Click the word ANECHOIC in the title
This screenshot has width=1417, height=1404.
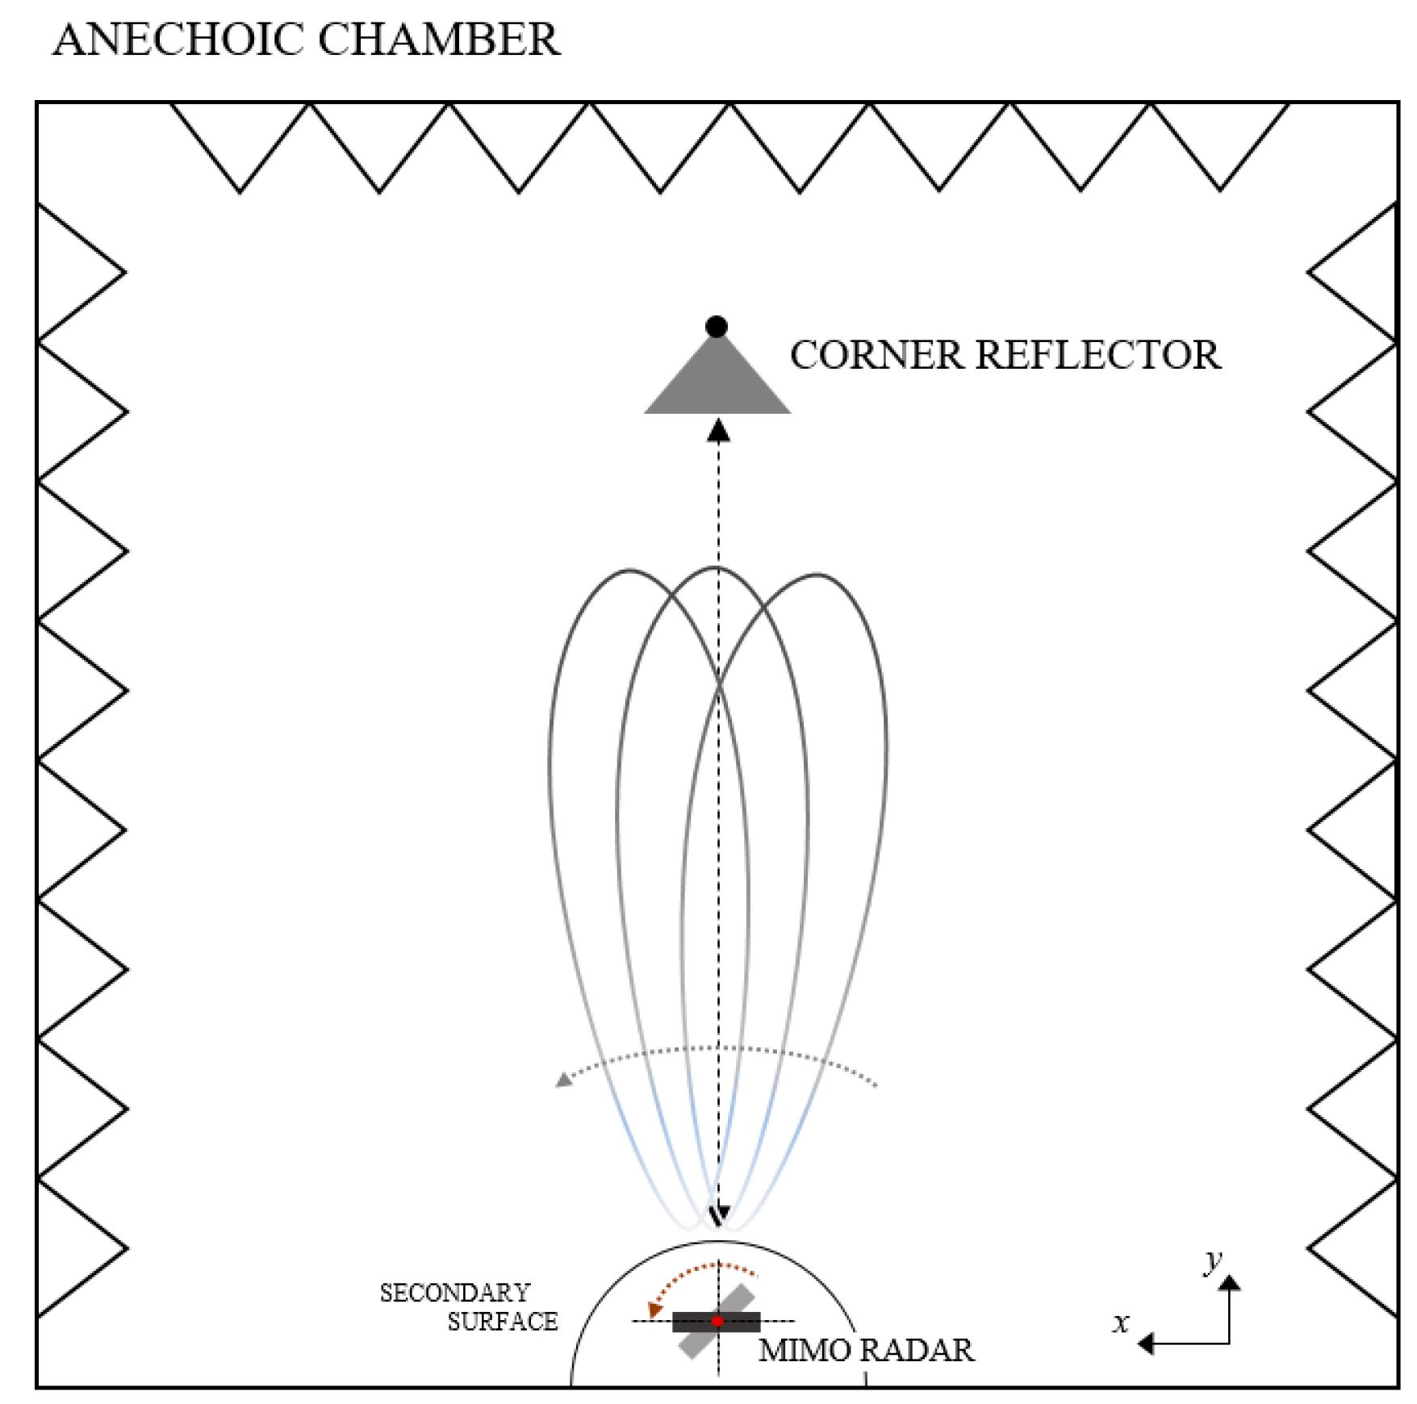point(173,40)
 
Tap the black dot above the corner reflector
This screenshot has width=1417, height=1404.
point(716,326)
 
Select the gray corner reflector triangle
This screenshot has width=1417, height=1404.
point(717,384)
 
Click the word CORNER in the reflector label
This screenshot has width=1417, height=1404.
point(876,355)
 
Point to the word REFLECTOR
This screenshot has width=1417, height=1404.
point(1098,355)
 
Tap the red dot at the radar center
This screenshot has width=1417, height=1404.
point(717,1321)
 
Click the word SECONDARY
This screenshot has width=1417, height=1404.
point(455,1293)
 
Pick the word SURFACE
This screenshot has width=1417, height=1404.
point(503,1322)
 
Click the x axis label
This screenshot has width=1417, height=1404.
point(1121,1323)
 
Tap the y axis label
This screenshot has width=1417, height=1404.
point(1212,1260)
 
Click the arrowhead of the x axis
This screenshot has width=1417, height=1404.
point(1145,1343)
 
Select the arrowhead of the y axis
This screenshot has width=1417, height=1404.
point(1229,1282)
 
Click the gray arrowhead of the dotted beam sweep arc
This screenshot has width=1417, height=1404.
point(564,1080)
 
